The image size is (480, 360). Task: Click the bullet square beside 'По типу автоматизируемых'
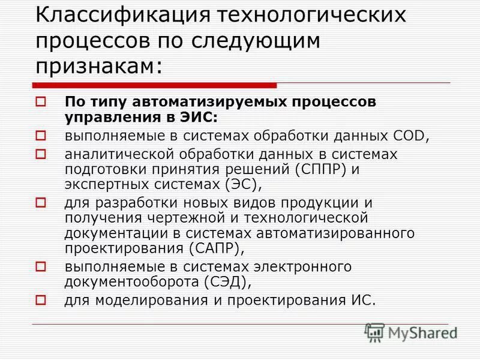tap(41, 102)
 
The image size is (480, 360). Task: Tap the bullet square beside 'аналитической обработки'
tap(41, 155)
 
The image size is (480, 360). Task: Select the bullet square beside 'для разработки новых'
tap(41, 203)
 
